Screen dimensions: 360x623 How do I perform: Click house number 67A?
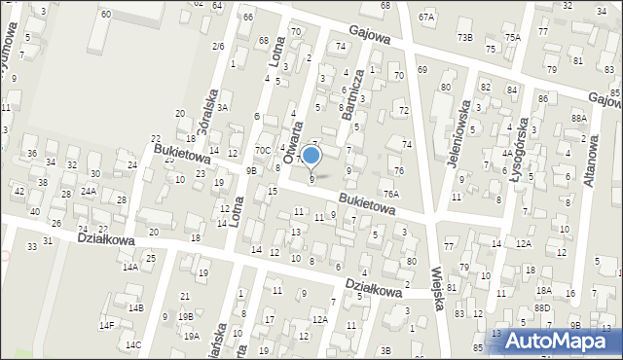[426, 18]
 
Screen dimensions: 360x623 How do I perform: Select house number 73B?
[465, 37]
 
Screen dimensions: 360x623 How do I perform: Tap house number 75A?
[512, 37]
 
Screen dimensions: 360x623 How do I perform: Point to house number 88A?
[579, 118]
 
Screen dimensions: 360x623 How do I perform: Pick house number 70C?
[263, 150]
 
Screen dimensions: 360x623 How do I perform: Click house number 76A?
[391, 194]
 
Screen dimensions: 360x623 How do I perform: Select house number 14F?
[106, 325]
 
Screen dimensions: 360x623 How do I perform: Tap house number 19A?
[191, 336]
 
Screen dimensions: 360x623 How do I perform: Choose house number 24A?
[88, 191]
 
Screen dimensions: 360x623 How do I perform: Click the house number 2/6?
[218, 46]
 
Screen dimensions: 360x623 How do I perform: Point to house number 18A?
[543, 290]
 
